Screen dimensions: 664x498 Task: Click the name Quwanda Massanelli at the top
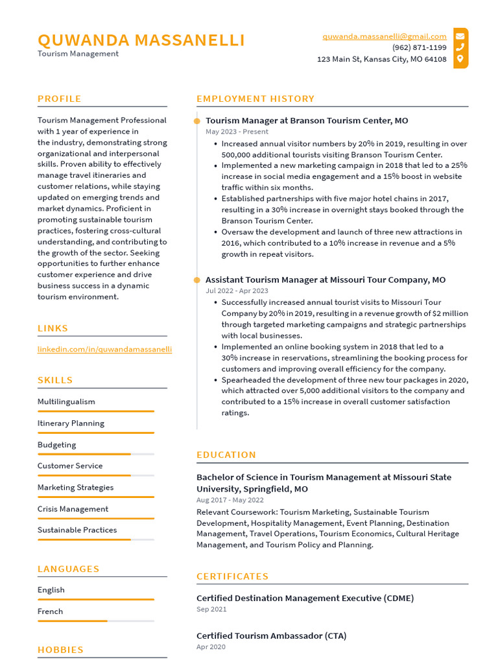tap(141, 40)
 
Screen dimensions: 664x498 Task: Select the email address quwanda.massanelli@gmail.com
tap(385, 36)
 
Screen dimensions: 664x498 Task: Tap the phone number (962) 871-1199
tap(419, 47)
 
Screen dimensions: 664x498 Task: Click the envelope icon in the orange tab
tap(460, 36)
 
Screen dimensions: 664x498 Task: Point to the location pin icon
tap(460, 59)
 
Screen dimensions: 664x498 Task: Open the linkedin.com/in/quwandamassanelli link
tap(104, 349)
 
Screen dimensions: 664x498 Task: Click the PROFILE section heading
tap(60, 99)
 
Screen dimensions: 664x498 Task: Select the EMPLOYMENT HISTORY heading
tap(255, 99)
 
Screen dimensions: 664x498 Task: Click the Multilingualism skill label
tap(66, 401)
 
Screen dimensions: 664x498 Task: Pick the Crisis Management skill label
tap(73, 509)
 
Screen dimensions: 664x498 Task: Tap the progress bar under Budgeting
tap(95, 454)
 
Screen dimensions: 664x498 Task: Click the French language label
tap(51, 611)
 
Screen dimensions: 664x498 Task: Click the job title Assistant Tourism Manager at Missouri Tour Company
tap(326, 279)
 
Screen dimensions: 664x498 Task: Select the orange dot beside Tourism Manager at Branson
tap(197, 121)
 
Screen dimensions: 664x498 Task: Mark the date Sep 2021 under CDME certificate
tap(211, 610)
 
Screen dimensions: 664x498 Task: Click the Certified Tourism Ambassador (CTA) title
tap(271, 636)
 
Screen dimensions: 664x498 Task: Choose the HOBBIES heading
tap(61, 650)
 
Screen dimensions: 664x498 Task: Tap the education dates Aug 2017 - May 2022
tap(230, 500)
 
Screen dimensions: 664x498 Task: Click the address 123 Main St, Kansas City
tap(381, 59)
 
